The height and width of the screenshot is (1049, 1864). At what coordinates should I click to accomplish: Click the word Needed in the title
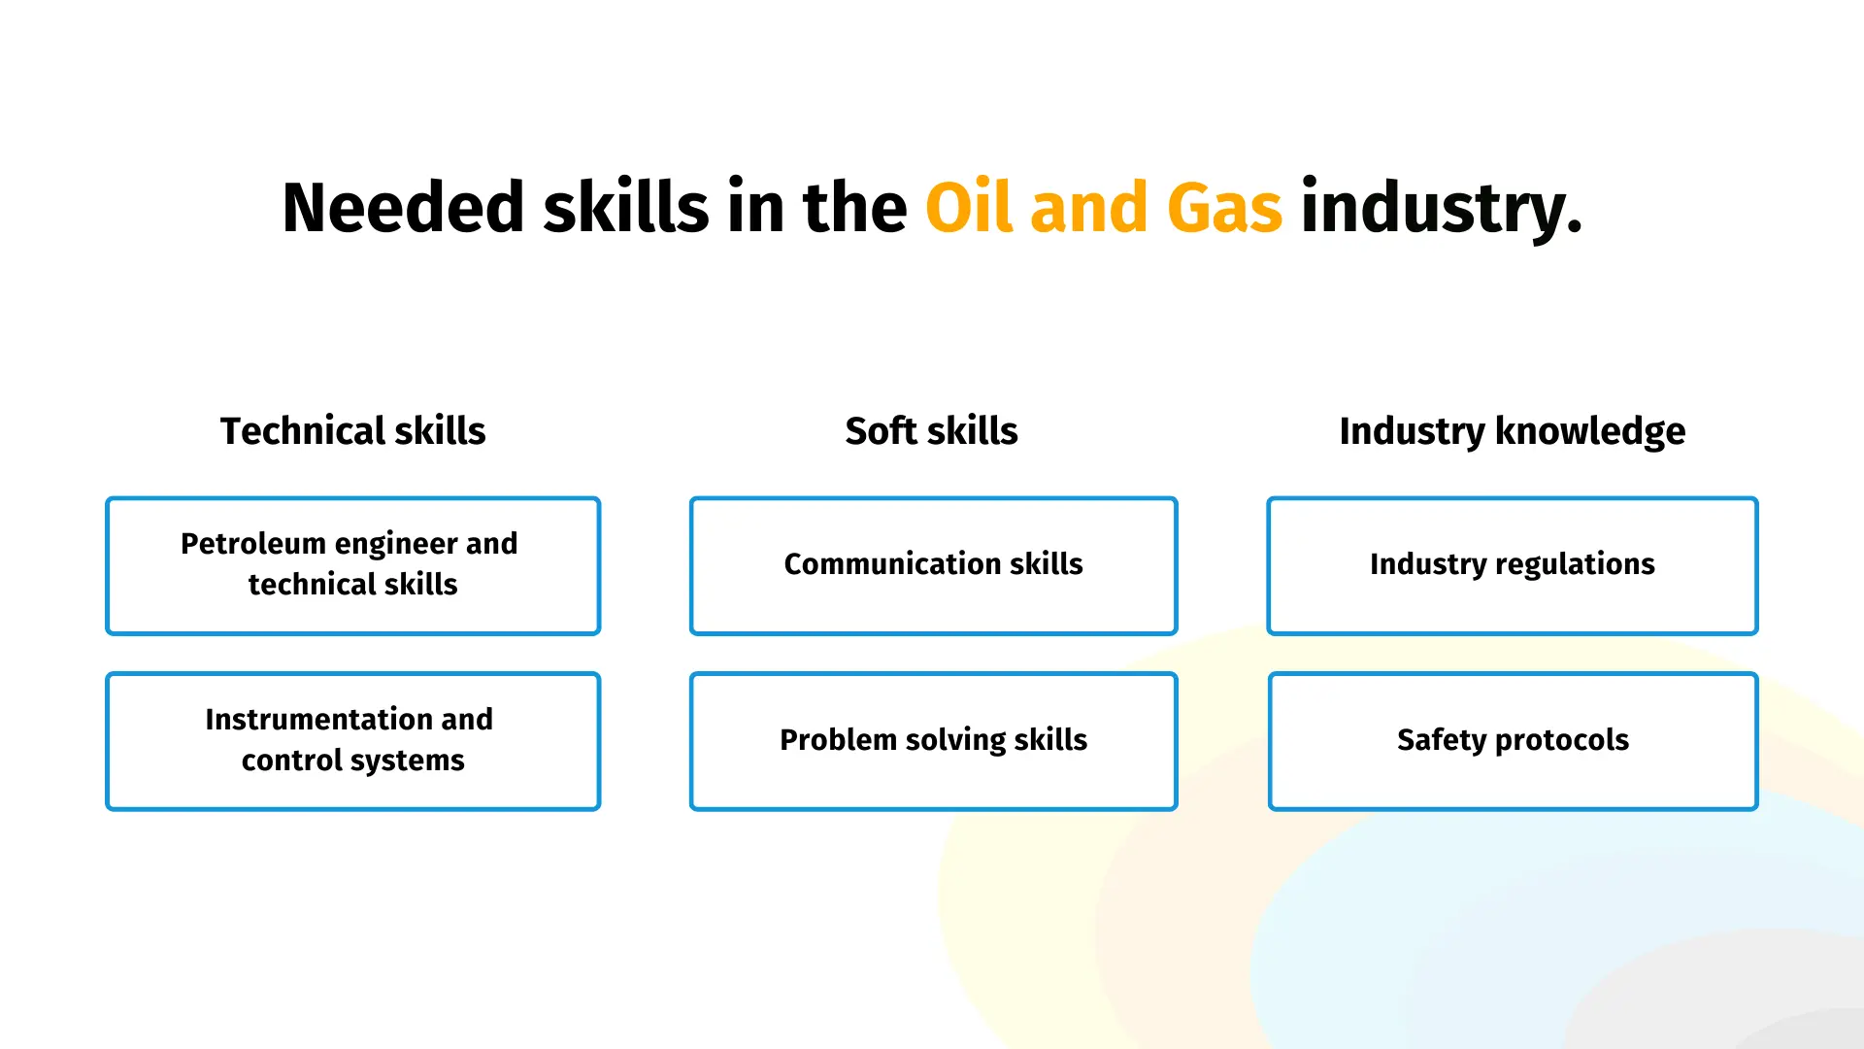point(403,207)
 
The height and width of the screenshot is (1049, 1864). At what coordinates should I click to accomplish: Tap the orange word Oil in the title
point(969,207)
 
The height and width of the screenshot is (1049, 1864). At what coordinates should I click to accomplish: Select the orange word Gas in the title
point(1224,207)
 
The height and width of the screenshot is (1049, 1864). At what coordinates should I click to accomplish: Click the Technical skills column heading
point(352,430)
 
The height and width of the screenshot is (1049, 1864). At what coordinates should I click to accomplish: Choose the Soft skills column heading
point(931,430)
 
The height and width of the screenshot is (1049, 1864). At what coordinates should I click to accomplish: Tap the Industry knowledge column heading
point(1512,432)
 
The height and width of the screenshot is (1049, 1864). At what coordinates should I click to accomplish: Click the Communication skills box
point(933,566)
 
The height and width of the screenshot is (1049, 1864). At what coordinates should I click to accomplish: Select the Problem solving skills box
point(933,741)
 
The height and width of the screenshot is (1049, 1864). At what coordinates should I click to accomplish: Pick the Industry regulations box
point(1513,566)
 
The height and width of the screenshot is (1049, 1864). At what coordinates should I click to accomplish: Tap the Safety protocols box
point(1513,741)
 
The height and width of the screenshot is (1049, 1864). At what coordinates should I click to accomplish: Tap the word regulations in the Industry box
point(1575,565)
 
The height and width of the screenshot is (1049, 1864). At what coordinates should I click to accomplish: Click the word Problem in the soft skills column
point(838,739)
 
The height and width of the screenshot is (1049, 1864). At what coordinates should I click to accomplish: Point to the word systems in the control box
point(408,761)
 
